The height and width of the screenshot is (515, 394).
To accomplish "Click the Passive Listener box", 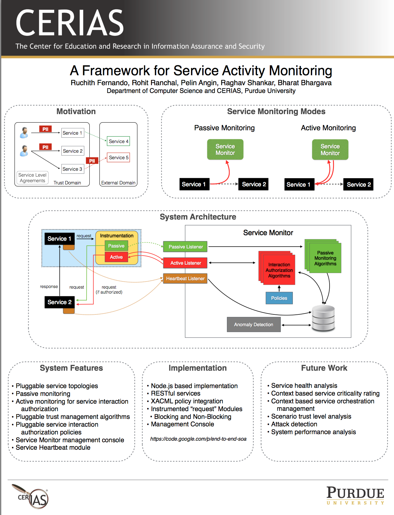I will click(185, 247).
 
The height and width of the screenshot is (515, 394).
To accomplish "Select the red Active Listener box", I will click(185, 263).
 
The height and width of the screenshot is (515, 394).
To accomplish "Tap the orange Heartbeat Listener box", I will click(185, 278).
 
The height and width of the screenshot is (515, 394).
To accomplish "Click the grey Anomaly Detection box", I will click(253, 324).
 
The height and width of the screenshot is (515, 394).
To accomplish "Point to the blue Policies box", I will click(279, 298).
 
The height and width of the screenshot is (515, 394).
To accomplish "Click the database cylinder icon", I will click(323, 318).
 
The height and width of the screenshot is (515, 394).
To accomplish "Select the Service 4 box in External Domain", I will click(118, 141).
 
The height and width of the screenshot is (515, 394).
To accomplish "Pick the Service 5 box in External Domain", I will click(118, 157).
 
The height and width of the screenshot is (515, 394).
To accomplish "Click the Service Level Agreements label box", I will click(32, 178).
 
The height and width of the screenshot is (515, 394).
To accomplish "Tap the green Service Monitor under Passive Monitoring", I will click(225, 150).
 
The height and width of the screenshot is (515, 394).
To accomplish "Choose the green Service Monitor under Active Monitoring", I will click(330, 150).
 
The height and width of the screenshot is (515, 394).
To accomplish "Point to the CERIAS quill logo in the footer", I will click(30, 496).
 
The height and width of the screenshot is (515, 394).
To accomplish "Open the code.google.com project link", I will click(198, 439).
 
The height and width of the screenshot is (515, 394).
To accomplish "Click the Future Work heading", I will click(324, 368).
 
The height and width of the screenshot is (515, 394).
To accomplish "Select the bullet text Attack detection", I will click(294, 424).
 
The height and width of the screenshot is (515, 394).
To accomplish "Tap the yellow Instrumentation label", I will click(117, 235).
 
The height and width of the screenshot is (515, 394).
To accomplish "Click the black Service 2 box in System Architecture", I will click(59, 302).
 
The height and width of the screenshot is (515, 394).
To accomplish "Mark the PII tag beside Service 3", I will click(92, 161).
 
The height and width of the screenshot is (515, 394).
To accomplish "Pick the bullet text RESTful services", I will click(176, 393).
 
